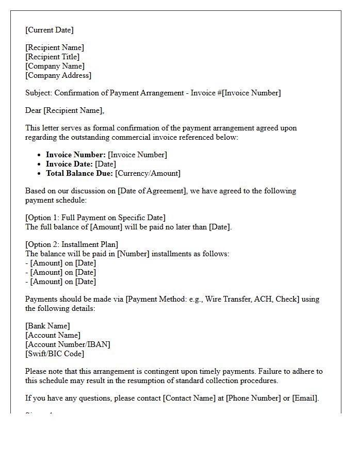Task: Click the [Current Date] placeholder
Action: (x=50, y=30)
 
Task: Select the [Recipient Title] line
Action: (x=53, y=57)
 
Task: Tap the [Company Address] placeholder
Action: (x=58, y=75)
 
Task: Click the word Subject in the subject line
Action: (x=38, y=93)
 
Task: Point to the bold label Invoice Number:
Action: (x=76, y=155)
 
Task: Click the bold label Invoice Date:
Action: (x=70, y=164)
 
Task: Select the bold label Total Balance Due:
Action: (x=79, y=173)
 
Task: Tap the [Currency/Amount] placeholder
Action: (x=147, y=173)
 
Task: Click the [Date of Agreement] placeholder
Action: (x=152, y=191)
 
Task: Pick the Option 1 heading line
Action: (x=95, y=218)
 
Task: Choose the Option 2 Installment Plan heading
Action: (x=72, y=244)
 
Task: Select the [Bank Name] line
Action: (x=47, y=326)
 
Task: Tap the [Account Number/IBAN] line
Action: (x=68, y=344)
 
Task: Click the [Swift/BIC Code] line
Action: (x=55, y=354)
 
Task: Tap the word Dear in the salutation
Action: (x=34, y=110)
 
